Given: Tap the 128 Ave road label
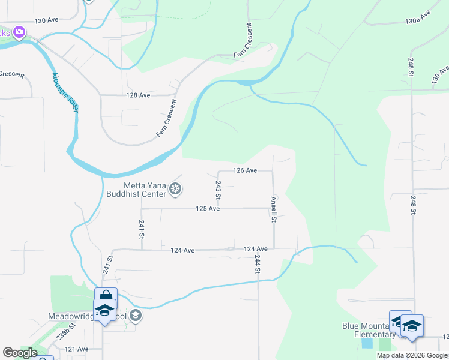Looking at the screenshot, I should pos(138,95).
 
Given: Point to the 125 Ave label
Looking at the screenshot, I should pos(207,208).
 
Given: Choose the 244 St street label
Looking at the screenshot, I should pos(257,264).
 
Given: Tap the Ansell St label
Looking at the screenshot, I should pos(273,209).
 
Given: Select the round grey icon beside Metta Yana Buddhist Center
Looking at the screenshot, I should pos(175,190).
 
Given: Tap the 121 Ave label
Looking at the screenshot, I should pos(77,349).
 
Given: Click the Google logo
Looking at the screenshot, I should pos(20,353).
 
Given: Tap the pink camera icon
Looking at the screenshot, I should pos(19,32).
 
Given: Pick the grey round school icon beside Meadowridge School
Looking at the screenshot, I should pos(136,316).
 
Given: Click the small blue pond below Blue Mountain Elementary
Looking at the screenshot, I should pos(367,344).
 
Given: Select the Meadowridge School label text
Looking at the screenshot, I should pos(87,316).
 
